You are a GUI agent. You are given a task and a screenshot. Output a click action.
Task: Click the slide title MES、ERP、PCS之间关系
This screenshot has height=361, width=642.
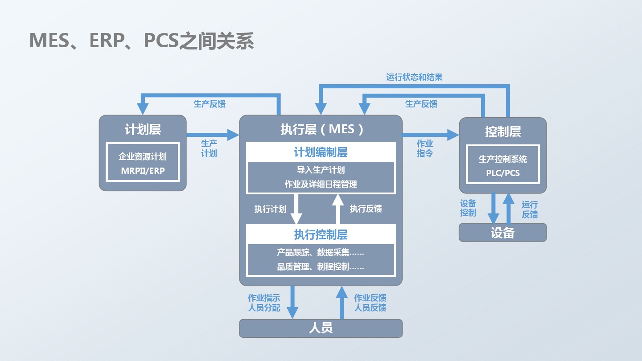[141, 41]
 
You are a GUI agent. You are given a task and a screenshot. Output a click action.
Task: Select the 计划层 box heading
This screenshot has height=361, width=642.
[143, 130]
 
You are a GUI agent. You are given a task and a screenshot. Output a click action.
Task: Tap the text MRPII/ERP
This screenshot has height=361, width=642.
[143, 171]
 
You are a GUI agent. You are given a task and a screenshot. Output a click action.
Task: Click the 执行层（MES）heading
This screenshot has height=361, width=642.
[321, 129]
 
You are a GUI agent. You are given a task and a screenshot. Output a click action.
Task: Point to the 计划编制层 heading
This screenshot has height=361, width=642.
[321, 152]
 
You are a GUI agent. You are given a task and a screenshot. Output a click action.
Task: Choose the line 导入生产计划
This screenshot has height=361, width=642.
[321, 170]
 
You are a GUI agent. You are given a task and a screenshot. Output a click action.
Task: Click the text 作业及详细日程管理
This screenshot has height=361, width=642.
[321, 184]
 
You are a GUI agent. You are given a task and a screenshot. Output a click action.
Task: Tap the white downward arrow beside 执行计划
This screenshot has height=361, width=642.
[296, 209]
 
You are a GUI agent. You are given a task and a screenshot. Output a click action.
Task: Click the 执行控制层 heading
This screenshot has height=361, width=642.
[321, 234]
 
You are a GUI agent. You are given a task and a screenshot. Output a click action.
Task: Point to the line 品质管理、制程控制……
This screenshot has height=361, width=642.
[321, 267]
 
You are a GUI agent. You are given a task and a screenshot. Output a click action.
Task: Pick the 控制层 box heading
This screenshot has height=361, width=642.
[503, 132]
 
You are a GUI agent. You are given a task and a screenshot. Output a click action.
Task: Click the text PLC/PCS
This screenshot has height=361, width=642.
[503, 173]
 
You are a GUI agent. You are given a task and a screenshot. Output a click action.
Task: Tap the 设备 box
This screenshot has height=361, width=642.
[503, 233]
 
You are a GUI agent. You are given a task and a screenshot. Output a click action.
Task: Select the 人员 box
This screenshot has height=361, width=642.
[321, 328]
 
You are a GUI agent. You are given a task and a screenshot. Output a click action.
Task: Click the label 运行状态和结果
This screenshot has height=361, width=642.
[414, 78]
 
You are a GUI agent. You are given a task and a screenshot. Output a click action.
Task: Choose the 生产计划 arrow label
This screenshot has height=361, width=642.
[209, 148]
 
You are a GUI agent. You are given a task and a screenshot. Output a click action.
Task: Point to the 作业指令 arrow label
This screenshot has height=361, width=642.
[424, 148]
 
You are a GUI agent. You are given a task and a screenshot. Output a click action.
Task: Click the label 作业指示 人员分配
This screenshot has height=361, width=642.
[264, 303]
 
